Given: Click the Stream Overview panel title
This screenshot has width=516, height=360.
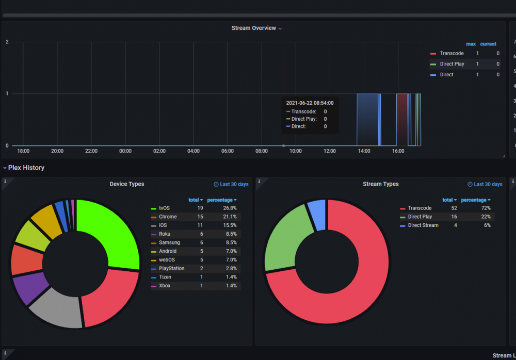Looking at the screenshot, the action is [254, 28].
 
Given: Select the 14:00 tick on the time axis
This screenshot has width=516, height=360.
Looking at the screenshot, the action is [364, 151].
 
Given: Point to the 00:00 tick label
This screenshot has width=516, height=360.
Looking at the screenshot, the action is [125, 151].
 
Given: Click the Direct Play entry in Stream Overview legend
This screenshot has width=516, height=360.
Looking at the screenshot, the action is [452, 64].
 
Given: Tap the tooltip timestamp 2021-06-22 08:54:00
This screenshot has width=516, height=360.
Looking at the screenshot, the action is [310, 103].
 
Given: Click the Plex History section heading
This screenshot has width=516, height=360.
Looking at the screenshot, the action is [26, 168].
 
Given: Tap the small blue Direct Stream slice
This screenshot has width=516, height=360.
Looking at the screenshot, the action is [317, 214].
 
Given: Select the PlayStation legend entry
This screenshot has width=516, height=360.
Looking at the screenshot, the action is [171, 269].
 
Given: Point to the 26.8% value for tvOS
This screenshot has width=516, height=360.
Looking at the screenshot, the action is [230, 208].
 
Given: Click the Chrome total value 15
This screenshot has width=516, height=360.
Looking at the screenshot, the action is [200, 217].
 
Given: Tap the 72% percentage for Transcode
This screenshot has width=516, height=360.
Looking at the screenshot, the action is [486, 208].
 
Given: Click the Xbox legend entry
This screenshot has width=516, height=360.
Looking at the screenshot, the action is [165, 286].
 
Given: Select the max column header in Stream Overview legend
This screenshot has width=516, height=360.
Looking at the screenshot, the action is [471, 44].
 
